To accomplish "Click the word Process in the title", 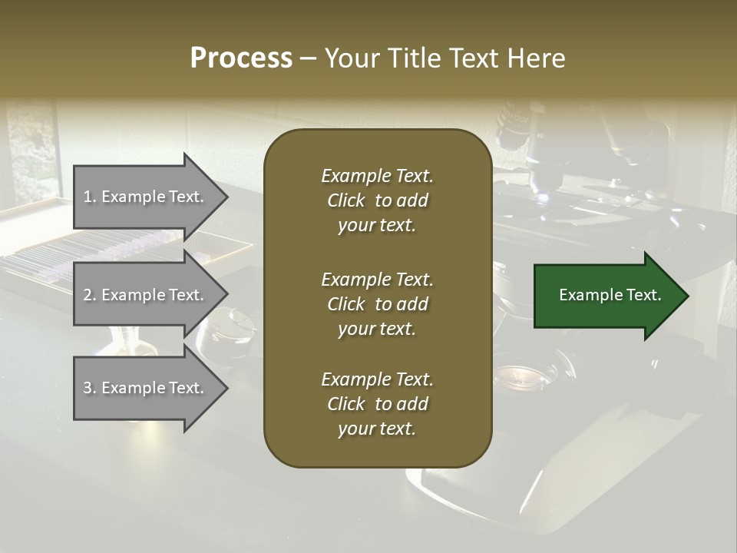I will tap(241, 58).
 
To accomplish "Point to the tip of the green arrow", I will tap(687, 296).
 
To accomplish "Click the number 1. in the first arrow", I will tap(90, 197).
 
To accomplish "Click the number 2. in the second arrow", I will tap(90, 295).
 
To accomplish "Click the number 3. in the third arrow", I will tap(90, 388).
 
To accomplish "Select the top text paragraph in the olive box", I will tap(377, 200).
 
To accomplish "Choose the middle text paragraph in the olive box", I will tap(377, 303).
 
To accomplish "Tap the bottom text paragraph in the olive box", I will tap(377, 404).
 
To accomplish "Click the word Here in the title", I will tap(537, 58).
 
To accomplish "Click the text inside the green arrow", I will tap(610, 295).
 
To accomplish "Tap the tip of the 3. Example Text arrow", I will tap(227, 388).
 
